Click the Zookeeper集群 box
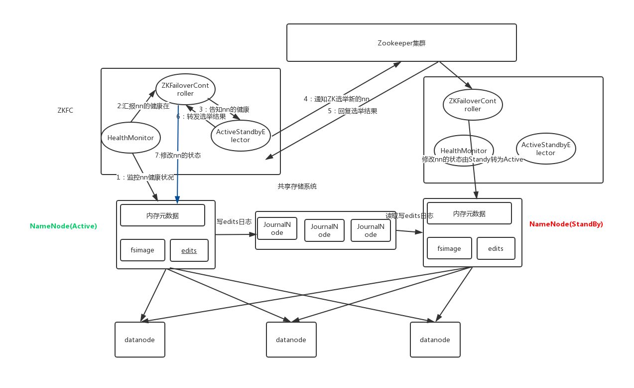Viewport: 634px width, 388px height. click(401, 43)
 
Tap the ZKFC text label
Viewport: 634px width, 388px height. click(65, 111)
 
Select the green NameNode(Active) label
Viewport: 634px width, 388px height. click(63, 226)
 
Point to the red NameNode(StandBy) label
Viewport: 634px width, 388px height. click(566, 224)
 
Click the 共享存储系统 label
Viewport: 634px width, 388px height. click(297, 187)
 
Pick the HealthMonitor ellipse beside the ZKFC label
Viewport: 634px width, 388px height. click(130, 138)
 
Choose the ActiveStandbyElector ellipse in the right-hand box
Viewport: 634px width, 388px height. click(546, 149)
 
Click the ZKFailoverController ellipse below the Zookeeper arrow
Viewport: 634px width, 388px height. click(473, 105)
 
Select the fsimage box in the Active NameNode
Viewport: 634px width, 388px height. click(142, 250)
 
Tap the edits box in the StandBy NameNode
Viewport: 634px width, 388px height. click(496, 248)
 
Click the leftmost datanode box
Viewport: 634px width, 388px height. click(139, 340)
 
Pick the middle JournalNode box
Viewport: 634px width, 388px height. click(324, 230)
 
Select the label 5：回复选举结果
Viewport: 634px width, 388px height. click(352, 111)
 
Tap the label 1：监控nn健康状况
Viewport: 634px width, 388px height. click(145, 177)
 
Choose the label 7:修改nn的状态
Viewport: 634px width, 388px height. click(178, 155)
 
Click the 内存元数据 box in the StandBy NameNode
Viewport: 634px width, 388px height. click(469, 213)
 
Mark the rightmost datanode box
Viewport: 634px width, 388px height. click(435, 340)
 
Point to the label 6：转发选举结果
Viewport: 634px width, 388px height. click(201, 117)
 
